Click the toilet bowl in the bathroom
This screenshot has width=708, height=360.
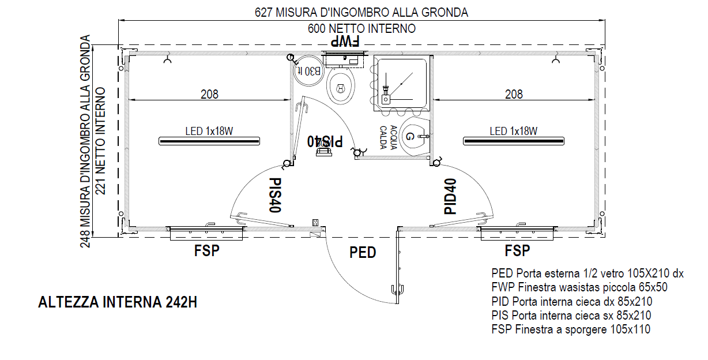340,86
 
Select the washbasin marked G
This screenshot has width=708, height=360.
414,136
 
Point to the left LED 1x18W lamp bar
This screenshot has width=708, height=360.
209,141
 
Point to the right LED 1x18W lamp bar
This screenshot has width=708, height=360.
514,141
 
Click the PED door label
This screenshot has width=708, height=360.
363,253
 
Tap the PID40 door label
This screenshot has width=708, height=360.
450,196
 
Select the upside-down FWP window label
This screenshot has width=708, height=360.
345,42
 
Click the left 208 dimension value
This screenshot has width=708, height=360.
209,94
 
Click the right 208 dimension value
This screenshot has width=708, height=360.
514,94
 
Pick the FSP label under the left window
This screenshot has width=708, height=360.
207,250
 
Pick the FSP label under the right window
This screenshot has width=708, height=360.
517,250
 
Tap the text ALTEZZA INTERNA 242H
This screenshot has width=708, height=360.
118,302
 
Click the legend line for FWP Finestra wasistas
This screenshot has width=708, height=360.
579,287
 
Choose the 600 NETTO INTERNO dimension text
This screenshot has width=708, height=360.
361,28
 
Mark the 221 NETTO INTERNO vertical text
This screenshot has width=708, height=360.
100,141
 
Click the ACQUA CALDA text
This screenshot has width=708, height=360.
388,137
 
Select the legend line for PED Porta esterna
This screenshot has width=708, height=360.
588,273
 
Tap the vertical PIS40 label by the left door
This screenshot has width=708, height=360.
275,195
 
